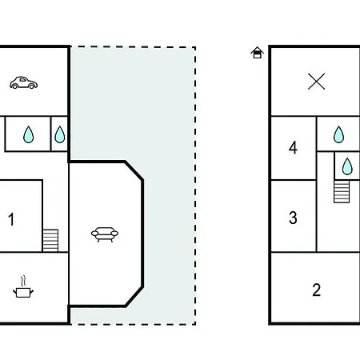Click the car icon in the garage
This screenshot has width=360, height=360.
pyautogui.click(x=23, y=82)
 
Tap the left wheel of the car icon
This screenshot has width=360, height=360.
pyautogui.click(x=15, y=86)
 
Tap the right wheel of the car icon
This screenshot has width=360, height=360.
pyautogui.click(x=32, y=86)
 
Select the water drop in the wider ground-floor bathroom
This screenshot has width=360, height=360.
pyautogui.click(x=29, y=134)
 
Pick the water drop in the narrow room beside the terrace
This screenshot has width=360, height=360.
pyautogui.click(x=60, y=134)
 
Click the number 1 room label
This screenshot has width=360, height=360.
pyautogui.click(x=11, y=219)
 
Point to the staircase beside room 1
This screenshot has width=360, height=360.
pyautogui.click(x=50, y=240)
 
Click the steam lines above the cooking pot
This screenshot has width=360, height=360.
pyautogui.click(x=23, y=281)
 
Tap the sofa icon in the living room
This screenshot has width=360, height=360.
pyautogui.click(x=105, y=234)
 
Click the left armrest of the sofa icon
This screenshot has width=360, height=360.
pyautogui.click(x=95, y=234)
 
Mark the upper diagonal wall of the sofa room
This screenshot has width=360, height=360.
pyautogui.click(x=134, y=170)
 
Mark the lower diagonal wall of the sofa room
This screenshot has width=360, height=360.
pyautogui.click(x=134, y=297)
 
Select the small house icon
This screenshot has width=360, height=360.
pyautogui.click(x=257, y=53)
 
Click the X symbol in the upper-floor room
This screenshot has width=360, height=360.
pyautogui.click(x=316, y=82)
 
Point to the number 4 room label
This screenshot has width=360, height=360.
pyautogui.click(x=293, y=147)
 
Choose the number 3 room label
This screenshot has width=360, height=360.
pyautogui.click(x=293, y=218)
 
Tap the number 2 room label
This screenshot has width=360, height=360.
pyautogui.click(x=317, y=290)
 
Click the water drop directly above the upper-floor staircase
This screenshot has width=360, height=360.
pyautogui.click(x=347, y=166)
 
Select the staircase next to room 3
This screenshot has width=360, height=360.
pyautogui.click(x=342, y=191)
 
